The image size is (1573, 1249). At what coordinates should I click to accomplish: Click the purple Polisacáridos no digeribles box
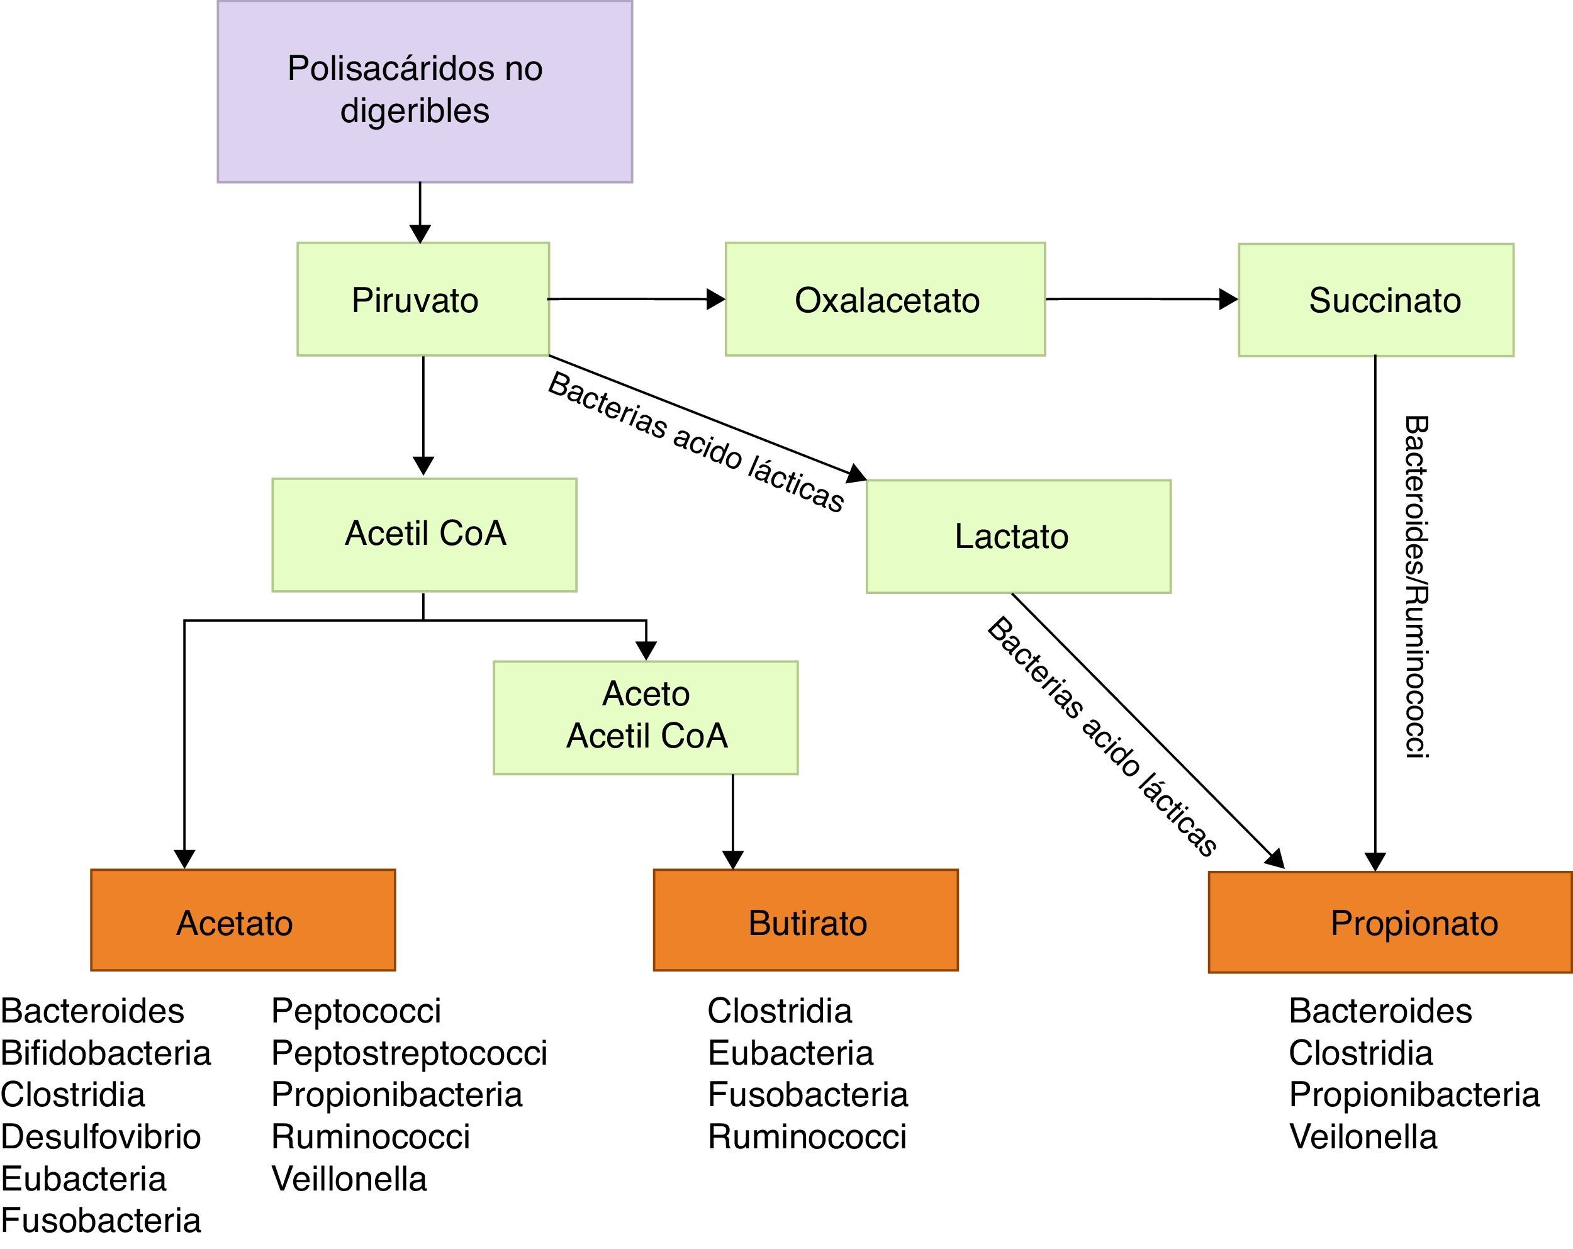(x=425, y=91)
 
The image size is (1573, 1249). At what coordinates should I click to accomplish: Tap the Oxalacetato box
(x=885, y=299)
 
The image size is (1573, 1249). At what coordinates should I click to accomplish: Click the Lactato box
(x=1018, y=536)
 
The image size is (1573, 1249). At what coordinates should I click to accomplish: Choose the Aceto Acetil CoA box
(x=646, y=717)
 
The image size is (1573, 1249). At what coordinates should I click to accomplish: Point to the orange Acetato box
(x=243, y=920)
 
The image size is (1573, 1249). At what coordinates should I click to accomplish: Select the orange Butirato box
(x=805, y=920)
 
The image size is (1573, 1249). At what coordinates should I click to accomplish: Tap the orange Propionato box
(x=1390, y=921)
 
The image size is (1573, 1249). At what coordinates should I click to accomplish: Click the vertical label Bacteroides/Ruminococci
(x=1416, y=587)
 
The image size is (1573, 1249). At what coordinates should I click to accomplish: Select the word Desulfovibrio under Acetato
(x=101, y=1136)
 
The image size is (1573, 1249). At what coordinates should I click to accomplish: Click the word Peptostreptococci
(x=410, y=1053)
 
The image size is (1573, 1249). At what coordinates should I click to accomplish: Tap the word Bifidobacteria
(x=106, y=1053)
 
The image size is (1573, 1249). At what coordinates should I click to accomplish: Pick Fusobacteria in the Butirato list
(x=808, y=1094)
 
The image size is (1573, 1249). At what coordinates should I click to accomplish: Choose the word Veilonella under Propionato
(x=1363, y=1136)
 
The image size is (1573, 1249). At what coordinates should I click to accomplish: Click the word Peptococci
(x=356, y=1011)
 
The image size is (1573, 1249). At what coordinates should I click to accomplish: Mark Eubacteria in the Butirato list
(x=790, y=1053)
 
